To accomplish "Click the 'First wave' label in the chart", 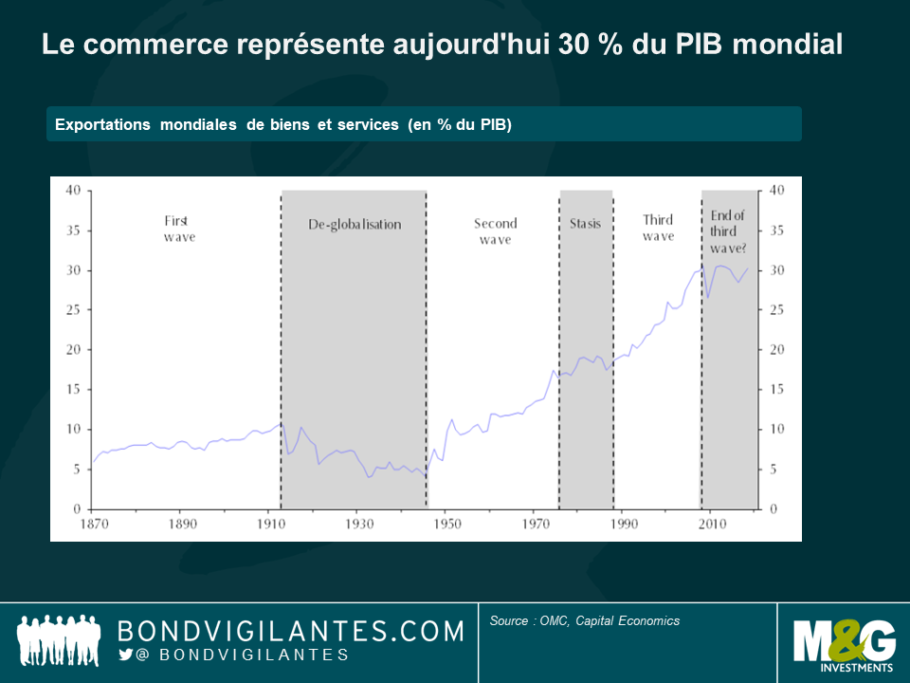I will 178,229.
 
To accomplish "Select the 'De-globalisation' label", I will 355,225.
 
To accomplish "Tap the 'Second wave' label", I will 495,231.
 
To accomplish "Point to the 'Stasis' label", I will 585,225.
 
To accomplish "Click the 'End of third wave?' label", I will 728,231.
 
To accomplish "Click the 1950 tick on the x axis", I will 446,524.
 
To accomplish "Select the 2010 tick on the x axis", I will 713,524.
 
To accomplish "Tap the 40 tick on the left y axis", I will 72,191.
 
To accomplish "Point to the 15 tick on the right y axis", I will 776,390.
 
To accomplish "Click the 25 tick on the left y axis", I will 72,310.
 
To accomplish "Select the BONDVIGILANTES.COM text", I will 290,631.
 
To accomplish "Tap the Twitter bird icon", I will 126,655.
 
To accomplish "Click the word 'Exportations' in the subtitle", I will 102,125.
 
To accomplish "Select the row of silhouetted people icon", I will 59,640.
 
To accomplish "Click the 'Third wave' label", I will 658,229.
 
